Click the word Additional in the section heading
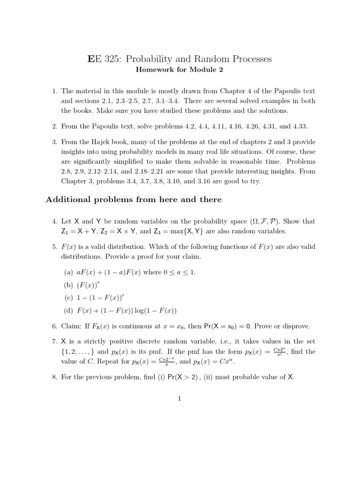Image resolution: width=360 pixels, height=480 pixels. pos(68,200)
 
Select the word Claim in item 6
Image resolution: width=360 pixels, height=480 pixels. pos(72,326)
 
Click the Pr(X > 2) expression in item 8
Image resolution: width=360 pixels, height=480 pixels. pos(186,377)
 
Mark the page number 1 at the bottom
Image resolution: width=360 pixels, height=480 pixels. pos(180,399)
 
